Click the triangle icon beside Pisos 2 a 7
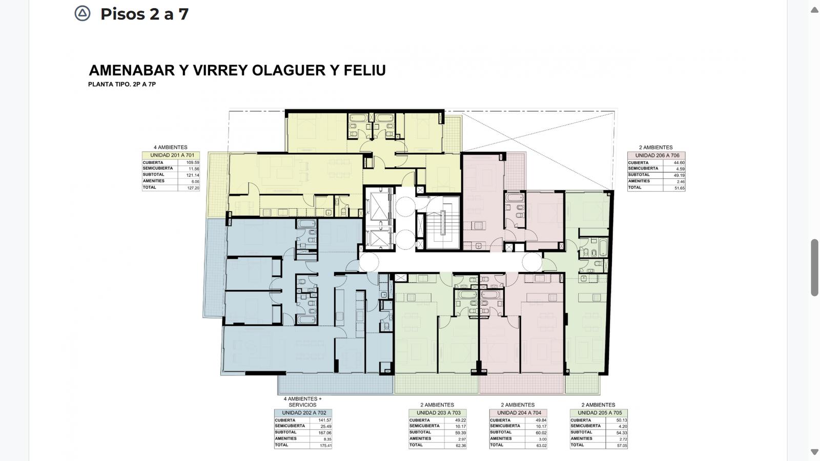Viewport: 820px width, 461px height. click(83, 13)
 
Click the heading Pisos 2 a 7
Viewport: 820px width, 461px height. click(145, 14)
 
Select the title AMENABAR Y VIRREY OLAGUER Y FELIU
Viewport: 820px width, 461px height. click(237, 70)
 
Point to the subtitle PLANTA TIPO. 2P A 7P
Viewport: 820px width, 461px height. click(122, 84)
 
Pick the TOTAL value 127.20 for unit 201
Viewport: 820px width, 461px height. click(193, 188)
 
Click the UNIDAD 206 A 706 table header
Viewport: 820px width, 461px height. click(657, 156)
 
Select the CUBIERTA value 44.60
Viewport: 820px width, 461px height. click(679, 163)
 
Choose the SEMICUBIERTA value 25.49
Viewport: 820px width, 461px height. click(326, 427)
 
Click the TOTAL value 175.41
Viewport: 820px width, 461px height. click(325, 446)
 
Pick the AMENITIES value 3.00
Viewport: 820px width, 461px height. click(543, 439)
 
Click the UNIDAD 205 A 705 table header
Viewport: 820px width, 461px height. click(600, 413)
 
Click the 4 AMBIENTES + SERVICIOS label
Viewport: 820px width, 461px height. click(303, 402)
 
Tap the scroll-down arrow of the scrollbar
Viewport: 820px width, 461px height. click(814, 452)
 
